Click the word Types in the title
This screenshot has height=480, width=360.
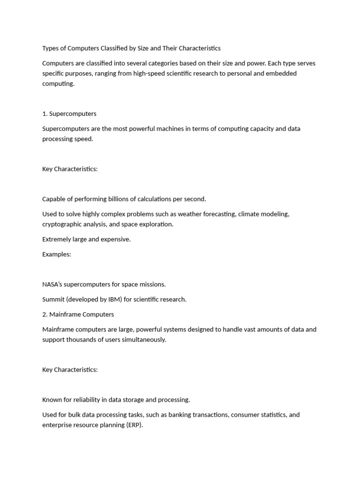51,48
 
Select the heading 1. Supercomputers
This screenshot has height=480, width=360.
69,113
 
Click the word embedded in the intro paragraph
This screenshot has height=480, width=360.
280,74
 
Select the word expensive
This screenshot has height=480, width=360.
114,239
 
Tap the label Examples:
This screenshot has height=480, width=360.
57,254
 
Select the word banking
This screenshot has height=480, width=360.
190,415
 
